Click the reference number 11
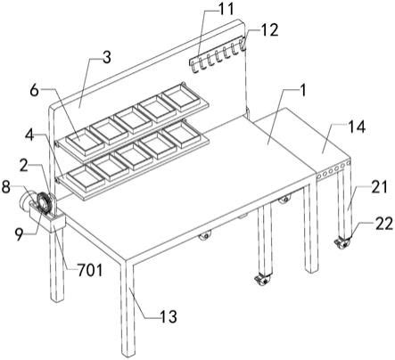coord(226,9)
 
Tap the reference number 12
coord(270,29)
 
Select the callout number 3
coord(106,57)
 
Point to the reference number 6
coord(35,91)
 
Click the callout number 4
coord(30,135)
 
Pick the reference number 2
coord(24,166)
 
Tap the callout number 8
coord(7,187)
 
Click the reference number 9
coord(20,235)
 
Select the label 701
coord(90,270)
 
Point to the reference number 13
coord(169,316)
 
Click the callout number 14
coord(357,127)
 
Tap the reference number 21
coord(379,187)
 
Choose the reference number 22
coord(384,225)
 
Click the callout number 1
coord(303,90)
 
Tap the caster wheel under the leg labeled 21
coord(342,244)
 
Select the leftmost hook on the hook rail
coord(194,67)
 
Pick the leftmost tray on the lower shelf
coord(86,177)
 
